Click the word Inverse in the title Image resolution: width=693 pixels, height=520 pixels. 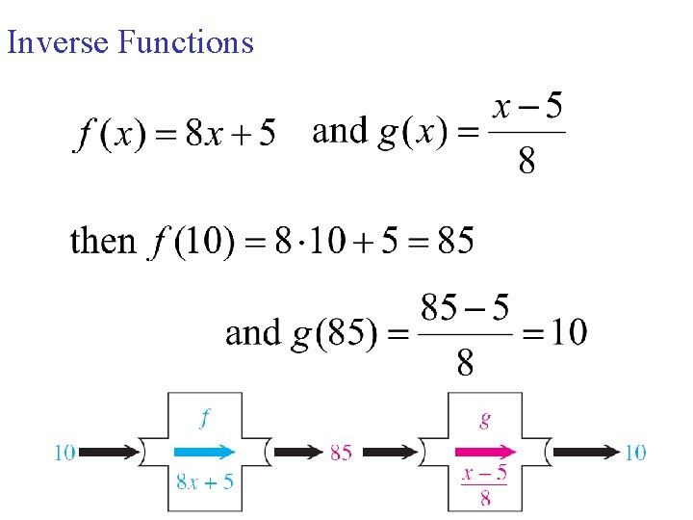point(59,42)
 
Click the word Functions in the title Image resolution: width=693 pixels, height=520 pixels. point(186,42)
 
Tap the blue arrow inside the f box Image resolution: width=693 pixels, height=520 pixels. point(204,451)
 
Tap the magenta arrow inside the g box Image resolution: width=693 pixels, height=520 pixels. point(484,451)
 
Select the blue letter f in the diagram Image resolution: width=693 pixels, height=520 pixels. point(205,418)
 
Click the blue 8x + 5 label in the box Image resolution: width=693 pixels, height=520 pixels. point(205,481)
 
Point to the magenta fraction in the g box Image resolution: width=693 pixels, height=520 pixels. point(484,484)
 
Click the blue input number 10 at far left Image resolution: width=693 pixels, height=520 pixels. point(64,452)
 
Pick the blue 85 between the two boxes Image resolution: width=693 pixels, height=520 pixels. point(341,452)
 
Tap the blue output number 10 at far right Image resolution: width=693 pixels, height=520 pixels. point(635,452)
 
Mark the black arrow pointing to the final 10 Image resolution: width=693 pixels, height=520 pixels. point(587,451)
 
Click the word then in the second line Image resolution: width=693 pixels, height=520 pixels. point(103,241)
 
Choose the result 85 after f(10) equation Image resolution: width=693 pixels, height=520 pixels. point(455,241)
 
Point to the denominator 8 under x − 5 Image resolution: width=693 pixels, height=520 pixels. point(526,162)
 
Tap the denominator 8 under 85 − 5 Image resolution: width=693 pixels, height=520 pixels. point(465,363)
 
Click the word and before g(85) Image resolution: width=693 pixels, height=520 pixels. point(253,333)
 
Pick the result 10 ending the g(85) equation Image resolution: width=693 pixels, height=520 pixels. point(567,333)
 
